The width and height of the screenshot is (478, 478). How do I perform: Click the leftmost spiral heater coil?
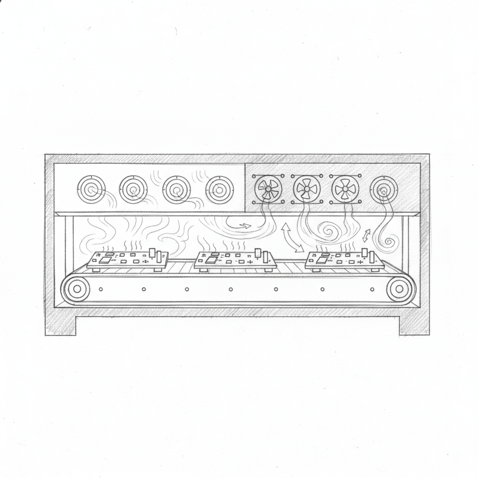tap(91, 190)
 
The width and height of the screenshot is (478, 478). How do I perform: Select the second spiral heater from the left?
tap(134, 190)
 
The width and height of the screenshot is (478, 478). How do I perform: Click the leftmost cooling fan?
tap(268, 190)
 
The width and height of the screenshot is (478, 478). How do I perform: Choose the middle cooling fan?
tap(307, 190)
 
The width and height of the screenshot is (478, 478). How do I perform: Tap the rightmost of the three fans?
tap(345, 190)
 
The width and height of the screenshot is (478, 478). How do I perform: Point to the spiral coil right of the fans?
tap(384, 190)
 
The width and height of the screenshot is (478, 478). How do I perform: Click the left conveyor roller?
tap(76, 289)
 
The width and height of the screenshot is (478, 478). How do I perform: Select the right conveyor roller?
tap(399, 289)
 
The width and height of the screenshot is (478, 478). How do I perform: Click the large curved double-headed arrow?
tap(292, 238)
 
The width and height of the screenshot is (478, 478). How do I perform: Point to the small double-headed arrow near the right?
tap(366, 235)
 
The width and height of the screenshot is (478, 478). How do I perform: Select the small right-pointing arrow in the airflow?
tap(245, 226)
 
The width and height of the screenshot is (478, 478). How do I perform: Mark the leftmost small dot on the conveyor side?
tap(100, 289)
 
